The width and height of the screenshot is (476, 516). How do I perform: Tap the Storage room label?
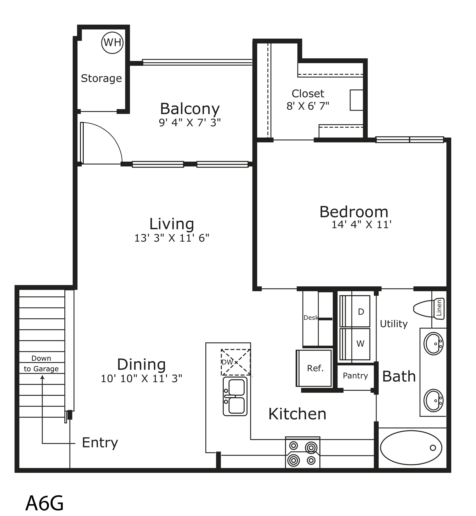(x=101, y=78)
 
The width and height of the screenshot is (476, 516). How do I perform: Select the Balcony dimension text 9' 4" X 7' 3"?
(x=190, y=123)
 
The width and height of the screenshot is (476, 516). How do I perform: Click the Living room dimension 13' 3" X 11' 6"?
(x=172, y=238)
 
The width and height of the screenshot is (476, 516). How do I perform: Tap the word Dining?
(x=141, y=364)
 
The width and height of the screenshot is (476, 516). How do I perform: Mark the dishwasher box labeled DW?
(x=236, y=362)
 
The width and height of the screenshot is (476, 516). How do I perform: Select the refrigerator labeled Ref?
(x=314, y=368)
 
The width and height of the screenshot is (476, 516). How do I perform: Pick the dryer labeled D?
(x=355, y=311)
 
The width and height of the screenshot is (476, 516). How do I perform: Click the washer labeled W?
(x=355, y=344)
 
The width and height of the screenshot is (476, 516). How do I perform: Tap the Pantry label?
(x=355, y=376)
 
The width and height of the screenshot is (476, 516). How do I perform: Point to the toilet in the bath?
(x=429, y=309)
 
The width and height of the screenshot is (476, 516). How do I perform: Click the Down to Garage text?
(x=41, y=363)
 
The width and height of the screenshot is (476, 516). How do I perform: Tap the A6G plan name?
(x=44, y=503)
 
